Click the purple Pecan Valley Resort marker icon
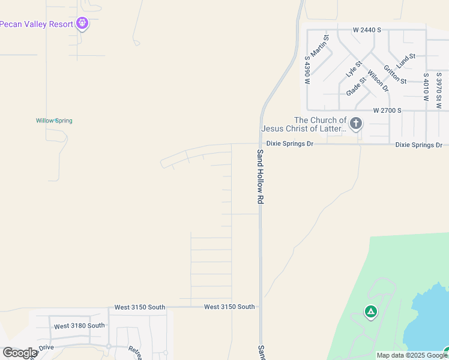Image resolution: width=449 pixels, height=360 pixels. pyautogui.click(x=83, y=24)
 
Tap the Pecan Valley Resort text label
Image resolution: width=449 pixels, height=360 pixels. pyautogui.click(x=36, y=24)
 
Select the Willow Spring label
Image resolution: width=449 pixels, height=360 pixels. pyautogui.click(x=54, y=121)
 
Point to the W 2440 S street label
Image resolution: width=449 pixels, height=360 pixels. pyautogui.click(x=367, y=29)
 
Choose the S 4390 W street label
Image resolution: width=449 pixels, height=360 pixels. pyautogui.click(x=307, y=71)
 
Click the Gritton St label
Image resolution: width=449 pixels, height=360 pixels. pyautogui.click(x=395, y=75)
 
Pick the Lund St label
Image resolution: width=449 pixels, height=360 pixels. pyautogui.click(x=406, y=60)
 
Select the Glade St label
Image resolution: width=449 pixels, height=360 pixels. pyautogui.click(x=356, y=86)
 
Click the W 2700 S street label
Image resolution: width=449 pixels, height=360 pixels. pyautogui.click(x=387, y=110)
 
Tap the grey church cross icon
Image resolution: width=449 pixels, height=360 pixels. pyautogui.click(x=356, y=124)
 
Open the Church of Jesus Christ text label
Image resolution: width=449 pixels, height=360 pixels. pyautogui.click(x=304, y=124)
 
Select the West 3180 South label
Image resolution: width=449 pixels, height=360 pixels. pyautogui.click(x=79, y=326)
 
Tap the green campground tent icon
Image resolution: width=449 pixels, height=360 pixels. pyautogui.click(x=371, y=311)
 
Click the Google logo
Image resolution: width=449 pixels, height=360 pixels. pyautogui.click(x=20, y=352)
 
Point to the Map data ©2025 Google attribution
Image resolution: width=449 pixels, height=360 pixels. pyautogui.click(x=412, y=355)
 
